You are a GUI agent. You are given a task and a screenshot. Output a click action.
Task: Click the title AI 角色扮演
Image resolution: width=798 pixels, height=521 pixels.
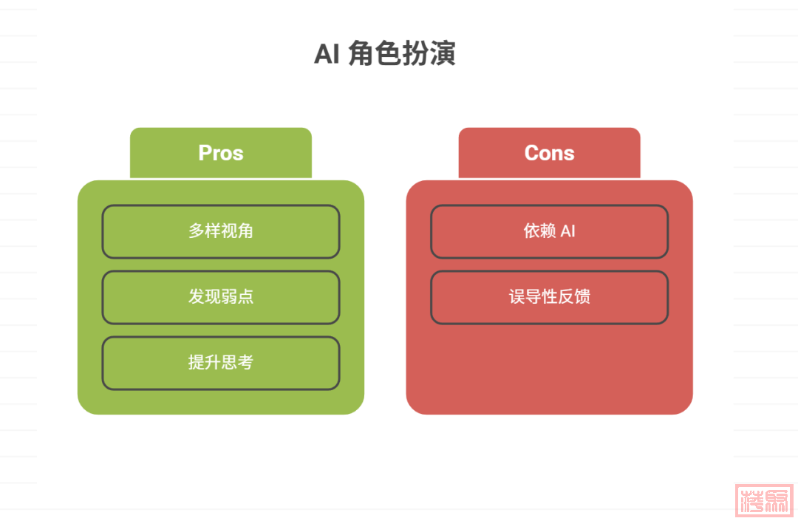[x=385, y=54]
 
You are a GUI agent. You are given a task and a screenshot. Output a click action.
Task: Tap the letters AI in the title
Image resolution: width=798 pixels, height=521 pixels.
[x=326, y=54]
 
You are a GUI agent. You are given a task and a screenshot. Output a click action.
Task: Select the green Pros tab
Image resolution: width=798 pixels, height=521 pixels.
[x=221, y=153]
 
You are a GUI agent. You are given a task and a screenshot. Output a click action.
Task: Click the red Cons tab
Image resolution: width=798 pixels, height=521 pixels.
[x=549, y=153]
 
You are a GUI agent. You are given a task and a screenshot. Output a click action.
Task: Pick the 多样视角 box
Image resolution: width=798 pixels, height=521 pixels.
[x=221, y=231]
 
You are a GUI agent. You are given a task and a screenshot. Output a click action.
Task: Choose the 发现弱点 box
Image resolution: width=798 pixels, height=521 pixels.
[x=221, y=297]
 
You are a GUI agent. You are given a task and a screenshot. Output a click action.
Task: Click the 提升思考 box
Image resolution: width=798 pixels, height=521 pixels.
[x=221, y=363]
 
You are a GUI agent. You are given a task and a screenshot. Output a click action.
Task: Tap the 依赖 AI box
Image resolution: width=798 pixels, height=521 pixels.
[x=549, y=231]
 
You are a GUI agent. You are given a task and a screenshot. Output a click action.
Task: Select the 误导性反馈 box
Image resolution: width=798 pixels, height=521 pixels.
[x=549, y=297]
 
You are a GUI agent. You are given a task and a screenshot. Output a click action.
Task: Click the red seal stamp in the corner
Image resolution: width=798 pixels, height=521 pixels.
[x=764, y=500]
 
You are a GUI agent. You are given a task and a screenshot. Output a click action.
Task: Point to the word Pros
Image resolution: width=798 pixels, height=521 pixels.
[x=221, y=153]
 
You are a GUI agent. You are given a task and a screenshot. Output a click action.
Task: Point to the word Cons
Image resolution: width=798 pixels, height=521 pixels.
[x=549, y=153]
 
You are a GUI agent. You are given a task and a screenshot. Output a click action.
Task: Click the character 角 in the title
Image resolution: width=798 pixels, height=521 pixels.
[x=361, y=54]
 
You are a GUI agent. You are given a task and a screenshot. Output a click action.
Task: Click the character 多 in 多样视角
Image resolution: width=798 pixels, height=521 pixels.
[x=196, y=231]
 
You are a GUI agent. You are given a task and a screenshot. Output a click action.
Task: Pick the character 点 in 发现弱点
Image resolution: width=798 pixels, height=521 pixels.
[x=246, y=297]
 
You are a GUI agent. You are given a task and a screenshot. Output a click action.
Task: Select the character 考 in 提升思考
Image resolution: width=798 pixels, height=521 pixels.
[x=246, y=363]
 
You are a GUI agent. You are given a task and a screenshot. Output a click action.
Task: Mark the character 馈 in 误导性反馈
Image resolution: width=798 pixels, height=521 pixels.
[x=582, y=297]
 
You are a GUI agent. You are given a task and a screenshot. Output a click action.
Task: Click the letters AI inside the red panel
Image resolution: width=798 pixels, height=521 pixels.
[x=567, y=231]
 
